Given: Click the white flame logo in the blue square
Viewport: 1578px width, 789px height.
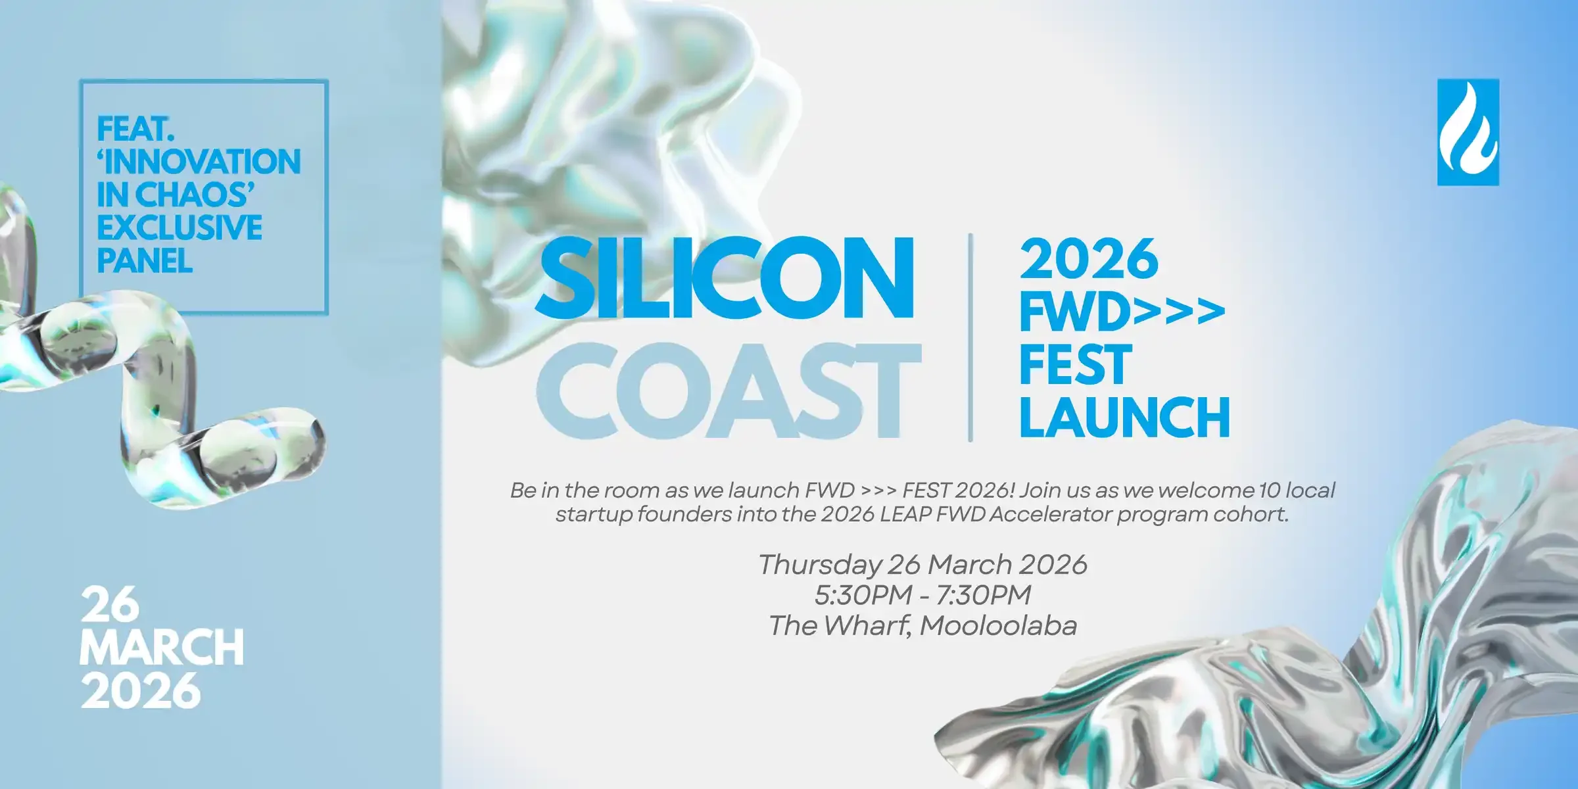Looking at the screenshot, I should point(1468,132).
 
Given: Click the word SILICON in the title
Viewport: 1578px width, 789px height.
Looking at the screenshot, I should point(724,278).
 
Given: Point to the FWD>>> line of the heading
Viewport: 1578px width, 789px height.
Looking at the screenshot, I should point(1122,313).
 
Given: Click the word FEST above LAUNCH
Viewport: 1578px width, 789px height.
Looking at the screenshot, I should point(1075,365).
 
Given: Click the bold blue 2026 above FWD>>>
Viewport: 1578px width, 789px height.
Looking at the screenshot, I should point(1089,260).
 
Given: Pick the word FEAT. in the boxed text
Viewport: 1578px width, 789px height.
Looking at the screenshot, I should point(135,129).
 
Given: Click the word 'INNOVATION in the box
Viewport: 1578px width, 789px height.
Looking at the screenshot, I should point(199,162).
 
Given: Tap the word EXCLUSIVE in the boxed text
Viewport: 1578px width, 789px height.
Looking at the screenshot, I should point(179,228).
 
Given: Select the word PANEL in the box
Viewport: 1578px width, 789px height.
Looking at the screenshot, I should point(145,261).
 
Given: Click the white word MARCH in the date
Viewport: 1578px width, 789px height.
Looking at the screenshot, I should point(162,648).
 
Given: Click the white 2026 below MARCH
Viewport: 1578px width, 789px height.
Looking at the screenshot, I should point(140,690).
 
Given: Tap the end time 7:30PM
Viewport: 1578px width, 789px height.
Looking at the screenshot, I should point(983,595).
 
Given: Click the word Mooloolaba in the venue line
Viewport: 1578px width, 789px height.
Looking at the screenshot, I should point(998,626).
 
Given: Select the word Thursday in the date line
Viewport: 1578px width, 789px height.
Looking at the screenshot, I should point(819,565).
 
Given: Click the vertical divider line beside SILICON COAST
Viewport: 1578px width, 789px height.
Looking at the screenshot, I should point(970,337).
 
